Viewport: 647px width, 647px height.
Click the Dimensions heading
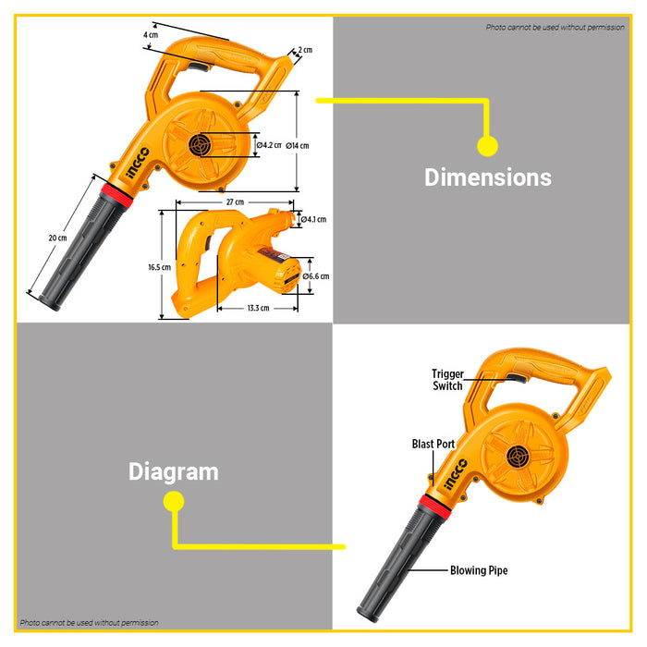click(x=488, y=177)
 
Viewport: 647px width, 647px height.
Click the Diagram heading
click(x=174, y=471)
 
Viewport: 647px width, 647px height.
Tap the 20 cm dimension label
click(x=57, y=238)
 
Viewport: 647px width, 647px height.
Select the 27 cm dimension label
click(x=235, y=202)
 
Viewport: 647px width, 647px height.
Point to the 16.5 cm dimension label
click(x=160, y=267)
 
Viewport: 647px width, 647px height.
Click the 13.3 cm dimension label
click(x=258, y=308)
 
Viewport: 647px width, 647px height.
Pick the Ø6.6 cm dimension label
click(x=316, y=276)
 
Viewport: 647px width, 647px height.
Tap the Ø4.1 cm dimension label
click(x=313, y=220)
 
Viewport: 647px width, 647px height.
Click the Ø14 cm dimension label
click(x=297, y=146)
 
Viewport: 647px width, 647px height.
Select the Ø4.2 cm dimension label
click(x=269, y=145)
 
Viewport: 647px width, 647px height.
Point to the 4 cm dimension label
click(x=151, y=35)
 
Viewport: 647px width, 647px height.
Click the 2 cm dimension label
click(x=305, y=50)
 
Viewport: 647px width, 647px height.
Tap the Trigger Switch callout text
click(x=447, y=380)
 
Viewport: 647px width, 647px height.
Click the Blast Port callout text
click(x=433, y=444)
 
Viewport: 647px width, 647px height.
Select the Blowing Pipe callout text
click(x=479, y=570)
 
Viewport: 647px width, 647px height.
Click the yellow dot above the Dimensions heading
click(x=488, y=146)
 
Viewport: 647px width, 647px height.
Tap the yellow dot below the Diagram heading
click(x=174, y=502)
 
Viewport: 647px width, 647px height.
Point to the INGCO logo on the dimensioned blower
click(x=138, y=164)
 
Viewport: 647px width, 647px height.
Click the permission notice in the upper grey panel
click(x=555, y=27)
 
